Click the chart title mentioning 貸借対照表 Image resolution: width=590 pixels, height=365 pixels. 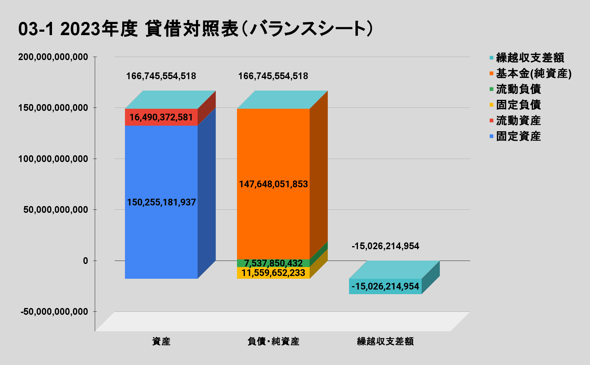tap(196, 29)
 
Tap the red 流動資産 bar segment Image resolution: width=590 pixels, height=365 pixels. tap(161, 117)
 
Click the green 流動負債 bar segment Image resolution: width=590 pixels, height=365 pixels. tap(273, 263)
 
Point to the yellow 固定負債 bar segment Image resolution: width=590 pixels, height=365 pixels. tap(273, 273)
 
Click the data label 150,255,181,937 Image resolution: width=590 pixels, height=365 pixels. tap(161, 202)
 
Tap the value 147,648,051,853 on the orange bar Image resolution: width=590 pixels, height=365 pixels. tap(273, 184)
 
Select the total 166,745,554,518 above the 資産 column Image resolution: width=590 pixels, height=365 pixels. tap(161, 76)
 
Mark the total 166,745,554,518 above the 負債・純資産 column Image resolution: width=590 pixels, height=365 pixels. tap(273, 76)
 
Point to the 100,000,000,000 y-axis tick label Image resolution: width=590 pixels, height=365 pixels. tap(53, 159)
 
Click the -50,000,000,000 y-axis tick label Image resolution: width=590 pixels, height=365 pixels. tap(54, 312)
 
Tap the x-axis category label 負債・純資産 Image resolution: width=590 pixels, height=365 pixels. tap(273, 342)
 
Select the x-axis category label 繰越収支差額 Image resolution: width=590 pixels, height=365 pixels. tap(385, 342)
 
